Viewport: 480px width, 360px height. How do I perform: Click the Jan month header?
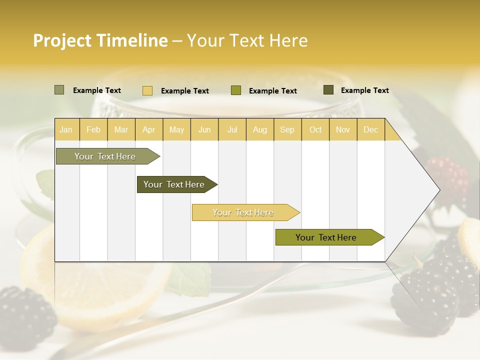click(x=66, y=129)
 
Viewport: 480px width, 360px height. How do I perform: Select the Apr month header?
click(x=149, y=129)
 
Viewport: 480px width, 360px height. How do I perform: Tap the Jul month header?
click(x=232, y=129)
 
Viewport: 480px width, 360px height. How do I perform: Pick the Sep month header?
click(x=287, y=129)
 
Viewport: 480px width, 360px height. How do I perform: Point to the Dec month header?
click(x=370, y=129)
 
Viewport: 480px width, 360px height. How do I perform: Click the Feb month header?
click(x=93, y=129)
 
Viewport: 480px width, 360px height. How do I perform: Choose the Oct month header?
click(x=315, y=129)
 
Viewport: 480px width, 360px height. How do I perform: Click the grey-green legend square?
click(x=59, y=90)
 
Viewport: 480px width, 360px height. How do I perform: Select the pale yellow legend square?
click(x=147, y=90)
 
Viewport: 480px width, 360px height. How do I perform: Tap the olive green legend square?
click(x=236, y=90)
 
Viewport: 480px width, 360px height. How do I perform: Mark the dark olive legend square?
click(x=328, y=90)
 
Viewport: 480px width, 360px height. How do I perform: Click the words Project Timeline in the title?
click(x=100, y=40)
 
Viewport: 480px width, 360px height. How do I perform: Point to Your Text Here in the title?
click(x=247, y=40)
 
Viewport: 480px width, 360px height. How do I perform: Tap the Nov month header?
click(x=343, y=129)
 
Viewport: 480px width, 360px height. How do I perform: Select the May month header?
click(x=176, y=129)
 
